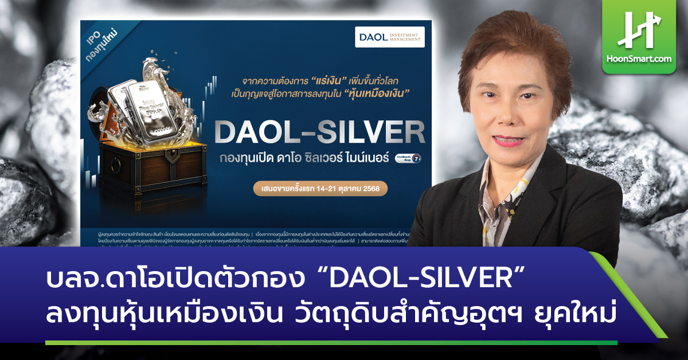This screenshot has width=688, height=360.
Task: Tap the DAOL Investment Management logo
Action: (389, 37)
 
